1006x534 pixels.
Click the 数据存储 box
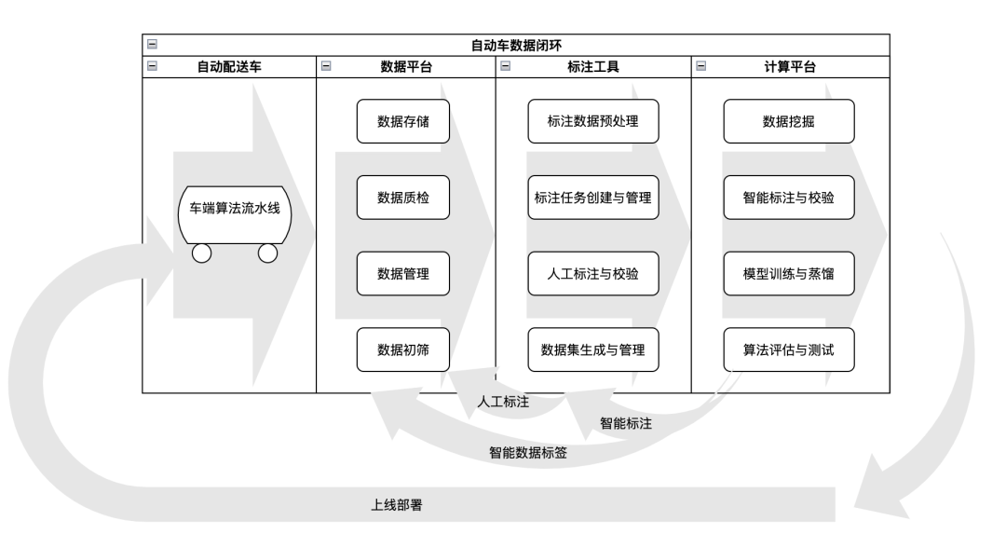point(402,121)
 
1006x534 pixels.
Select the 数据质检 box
point(402,198)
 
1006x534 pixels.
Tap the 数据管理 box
point(402,274)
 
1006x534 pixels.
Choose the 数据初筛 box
point(402,350)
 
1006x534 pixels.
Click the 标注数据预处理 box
point(593,121)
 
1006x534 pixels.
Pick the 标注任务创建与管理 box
point(593,198)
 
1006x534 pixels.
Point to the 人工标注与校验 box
point(593,274)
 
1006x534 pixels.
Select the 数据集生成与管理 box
point(593,350)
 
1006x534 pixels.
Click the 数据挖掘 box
point(789,121)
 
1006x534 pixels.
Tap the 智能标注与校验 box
point(789,198)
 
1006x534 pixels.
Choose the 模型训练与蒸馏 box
point(789,274)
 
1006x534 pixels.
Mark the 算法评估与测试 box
point(789,350)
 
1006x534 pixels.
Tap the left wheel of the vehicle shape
point(202,253)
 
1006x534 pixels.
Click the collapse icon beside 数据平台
point(325,67)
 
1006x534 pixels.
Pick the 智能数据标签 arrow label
point(528,453)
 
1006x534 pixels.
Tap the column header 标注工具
point(592,67)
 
